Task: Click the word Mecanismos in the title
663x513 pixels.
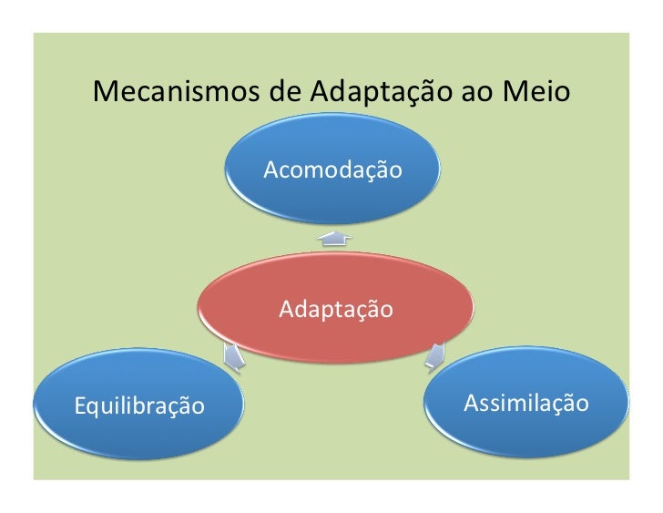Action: [166, 92]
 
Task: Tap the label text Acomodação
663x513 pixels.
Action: [332, 169]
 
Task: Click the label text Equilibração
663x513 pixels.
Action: [138, 404]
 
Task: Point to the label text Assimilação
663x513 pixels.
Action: [526, 403]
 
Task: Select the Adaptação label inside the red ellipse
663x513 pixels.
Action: [336, 310]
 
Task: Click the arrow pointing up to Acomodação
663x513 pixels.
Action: [334, 238]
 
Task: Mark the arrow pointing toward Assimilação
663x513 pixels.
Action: [435, 354]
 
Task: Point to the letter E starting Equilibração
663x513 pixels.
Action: [79, 403]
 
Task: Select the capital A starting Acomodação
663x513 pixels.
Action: [270, 169]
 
